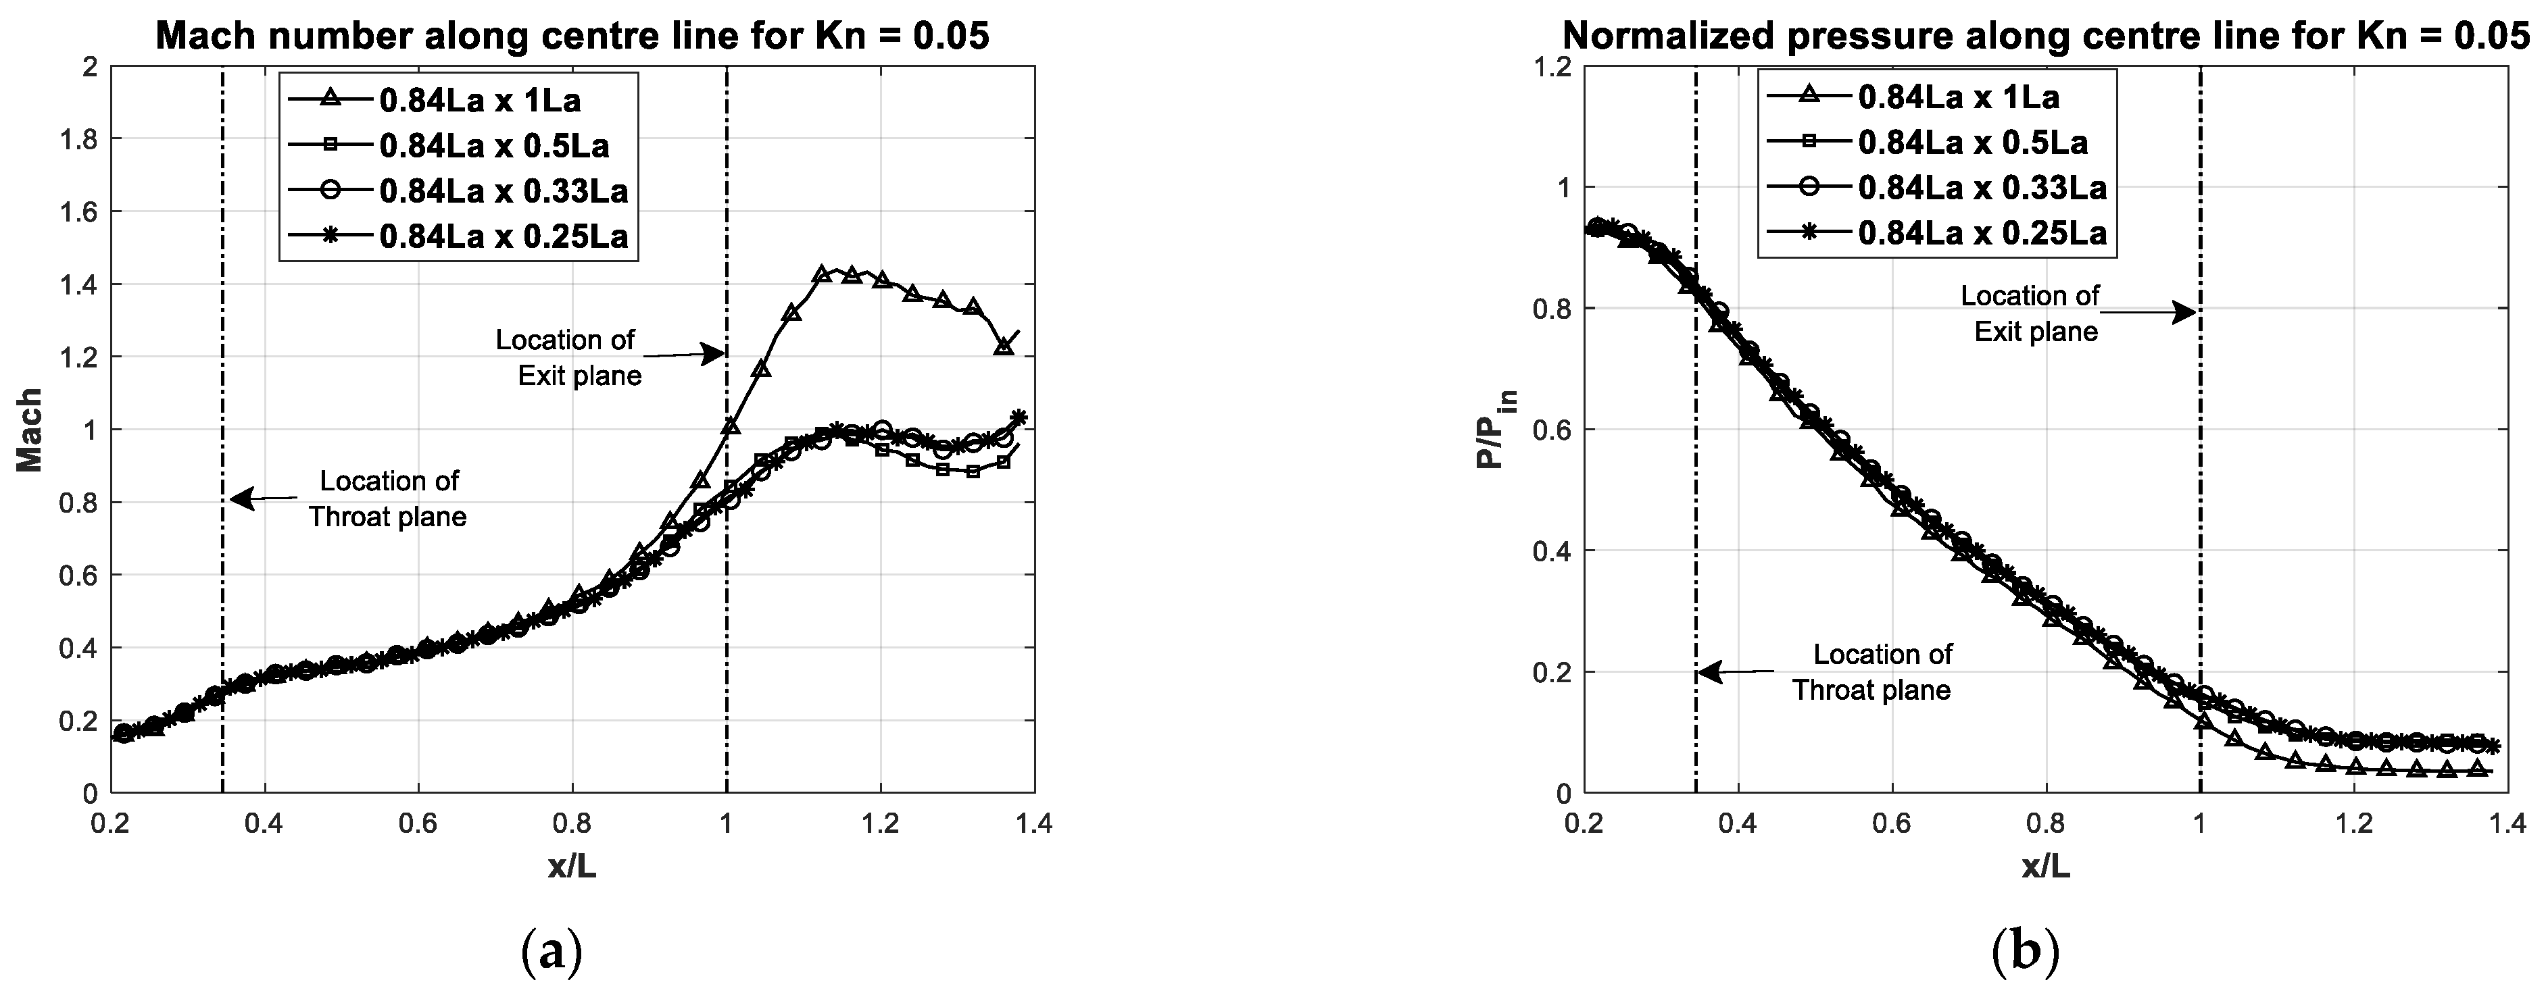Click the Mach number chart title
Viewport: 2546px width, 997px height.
(572, 36)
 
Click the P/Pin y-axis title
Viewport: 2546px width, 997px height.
(1496, 430)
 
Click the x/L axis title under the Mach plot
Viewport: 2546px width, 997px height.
(572, 867)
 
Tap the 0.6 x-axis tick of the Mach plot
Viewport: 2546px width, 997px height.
(418, 824)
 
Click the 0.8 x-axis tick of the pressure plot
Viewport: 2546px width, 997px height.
(2046, 824)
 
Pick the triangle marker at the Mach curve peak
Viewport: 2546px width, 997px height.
(821, 274)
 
